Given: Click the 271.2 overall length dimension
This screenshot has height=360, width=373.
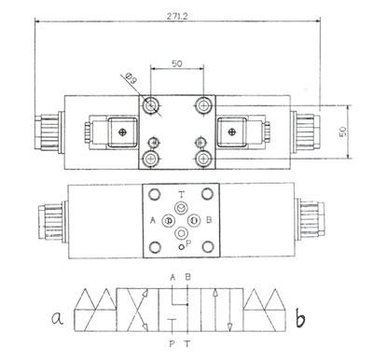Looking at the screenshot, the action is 177,17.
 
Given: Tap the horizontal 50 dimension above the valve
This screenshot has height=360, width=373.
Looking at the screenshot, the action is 177,63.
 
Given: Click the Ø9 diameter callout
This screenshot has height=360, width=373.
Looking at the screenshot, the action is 131,78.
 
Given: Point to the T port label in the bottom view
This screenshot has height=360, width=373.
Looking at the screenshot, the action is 182,195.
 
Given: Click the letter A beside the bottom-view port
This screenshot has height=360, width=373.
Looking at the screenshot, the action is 153,221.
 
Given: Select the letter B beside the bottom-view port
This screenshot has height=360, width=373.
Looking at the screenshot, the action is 209,220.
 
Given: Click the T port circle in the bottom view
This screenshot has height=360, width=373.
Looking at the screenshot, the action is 181,207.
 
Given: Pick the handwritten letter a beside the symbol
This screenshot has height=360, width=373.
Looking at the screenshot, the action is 58,319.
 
